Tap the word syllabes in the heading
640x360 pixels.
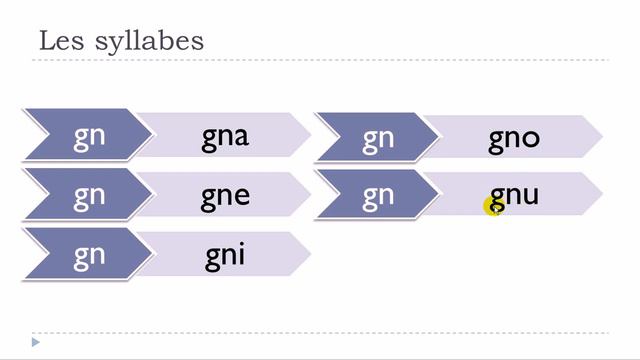(x=147, y=43)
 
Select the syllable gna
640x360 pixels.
(x=225, y=137)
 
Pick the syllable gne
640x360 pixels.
(x=225, y=195)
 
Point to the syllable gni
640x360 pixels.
(x=225, y=254)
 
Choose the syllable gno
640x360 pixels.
(x=514, y=137)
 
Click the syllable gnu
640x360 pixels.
(x=514, y=195)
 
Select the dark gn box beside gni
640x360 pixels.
(x=88, y=254)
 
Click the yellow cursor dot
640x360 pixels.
(x=493, y=206)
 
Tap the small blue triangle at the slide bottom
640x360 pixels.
(x=36, y=343)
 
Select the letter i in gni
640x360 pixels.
(x=240, y=254)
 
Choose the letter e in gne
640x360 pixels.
(x=240, y=195)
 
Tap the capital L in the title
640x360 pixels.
(x=46, y=41)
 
